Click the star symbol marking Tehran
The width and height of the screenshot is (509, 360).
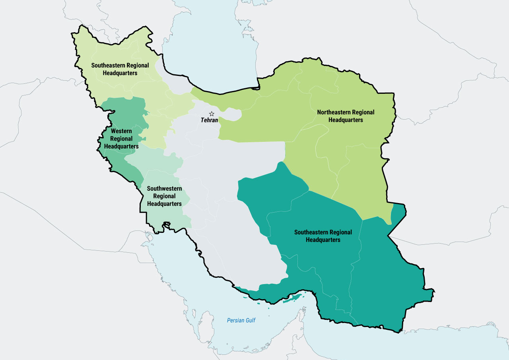tap(212, 114)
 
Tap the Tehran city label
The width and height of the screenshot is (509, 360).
tap(210, 120)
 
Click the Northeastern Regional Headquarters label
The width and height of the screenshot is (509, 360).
tap(346, 116)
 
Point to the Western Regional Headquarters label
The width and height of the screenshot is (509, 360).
tap(121, 139)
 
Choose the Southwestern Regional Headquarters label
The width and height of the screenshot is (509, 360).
tap(164, 196)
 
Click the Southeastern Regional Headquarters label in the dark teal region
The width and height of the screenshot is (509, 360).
tap(323, 236)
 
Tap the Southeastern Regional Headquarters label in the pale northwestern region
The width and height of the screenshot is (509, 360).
tap(120, 69)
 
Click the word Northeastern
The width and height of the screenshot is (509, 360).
tap(333, 112)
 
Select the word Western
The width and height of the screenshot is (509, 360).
tap(121, 131)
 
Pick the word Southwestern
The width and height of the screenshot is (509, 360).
tap(164, 189)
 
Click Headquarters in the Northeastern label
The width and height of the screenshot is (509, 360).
tap(346, 120)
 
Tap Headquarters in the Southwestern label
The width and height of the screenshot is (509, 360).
tap(164, 204)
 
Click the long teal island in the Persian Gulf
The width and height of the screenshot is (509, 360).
tap(293, 298)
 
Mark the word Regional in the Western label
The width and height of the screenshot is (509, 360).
tap(121, 139)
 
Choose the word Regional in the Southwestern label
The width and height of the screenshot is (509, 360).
tap(164, 196)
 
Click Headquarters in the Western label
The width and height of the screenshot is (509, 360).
tap(121, 146)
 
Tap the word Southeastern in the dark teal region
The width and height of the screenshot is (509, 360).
tap(311, 232)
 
